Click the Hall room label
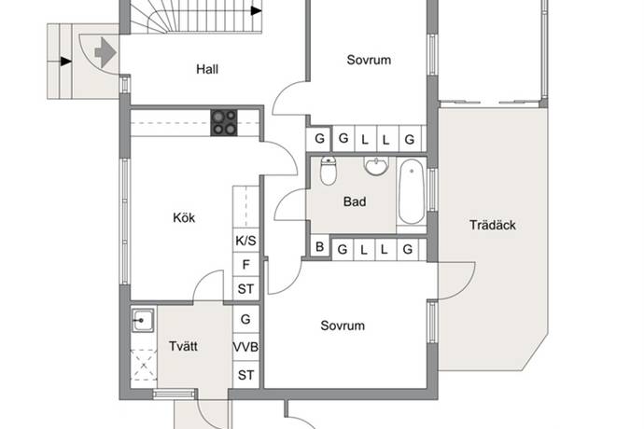click(x=207, y=69)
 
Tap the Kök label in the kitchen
click(x=184, y=217)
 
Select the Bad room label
click(x=355, y=201)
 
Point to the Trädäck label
click(x=493, y=225)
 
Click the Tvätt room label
click(x=183, y=346)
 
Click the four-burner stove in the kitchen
click(x=224, y=122)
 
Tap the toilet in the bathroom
click(x=329, y=171)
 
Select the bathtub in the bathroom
click(x=411, y=192)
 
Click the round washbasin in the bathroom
click(x=376, y=166)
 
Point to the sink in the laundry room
click(x=143, y=320)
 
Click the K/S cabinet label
click(x=245, y=241)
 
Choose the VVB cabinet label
click(x=245, y=347)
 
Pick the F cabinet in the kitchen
click(x=245, y=264)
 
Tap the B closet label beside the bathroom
click(x=319, y=247)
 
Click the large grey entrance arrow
click(x=105, y=52)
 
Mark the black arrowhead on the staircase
click(x=257, y=10)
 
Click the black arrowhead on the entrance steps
click(x=66, y=62)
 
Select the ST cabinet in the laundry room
click(x=245, y=375)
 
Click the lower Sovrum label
click(x=343, y=325)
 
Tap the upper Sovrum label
click(x=369, y=60)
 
